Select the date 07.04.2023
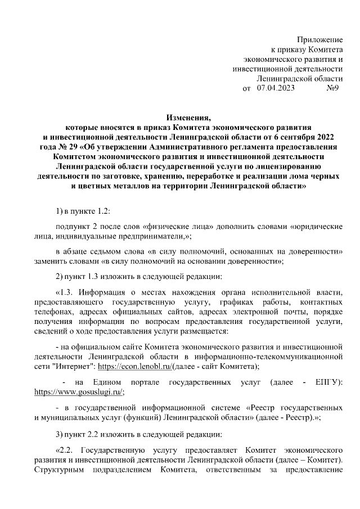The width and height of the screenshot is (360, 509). pyautogui.click(x=276, y=88)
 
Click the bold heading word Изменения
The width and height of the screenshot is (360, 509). pyautogui.click(x=188, y=118)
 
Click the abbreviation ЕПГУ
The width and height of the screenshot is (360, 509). pyautogui.click(x=330, y=382)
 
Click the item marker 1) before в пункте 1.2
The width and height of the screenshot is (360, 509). pyautogui.click(x=60, y=210)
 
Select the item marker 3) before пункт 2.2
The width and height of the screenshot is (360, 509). pyautogui.click(x=60, y=434)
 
